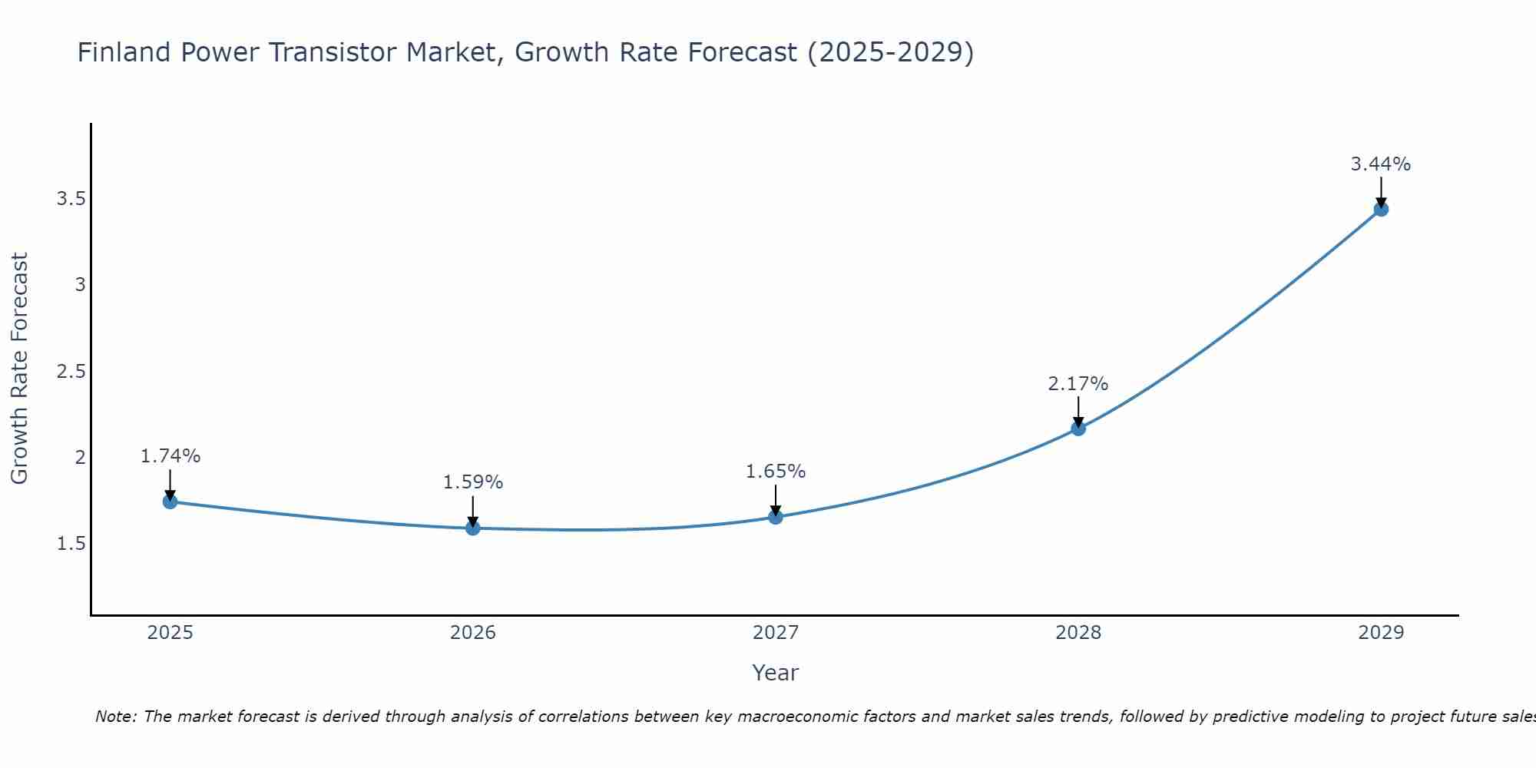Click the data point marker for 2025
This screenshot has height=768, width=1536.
tap(170, 502)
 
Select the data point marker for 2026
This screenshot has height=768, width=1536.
tap(473, 528)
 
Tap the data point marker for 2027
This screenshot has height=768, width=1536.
tap(776, 517)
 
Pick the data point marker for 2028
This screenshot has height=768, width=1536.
tap(1078, 428)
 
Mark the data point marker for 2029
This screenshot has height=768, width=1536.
tap(1381, 209)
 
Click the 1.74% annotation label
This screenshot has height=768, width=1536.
tap(170, 456)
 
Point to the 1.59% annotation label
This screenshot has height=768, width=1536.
tap(473, 482)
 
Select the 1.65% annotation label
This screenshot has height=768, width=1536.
tap(776, 472)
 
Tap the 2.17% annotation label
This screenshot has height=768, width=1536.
tap(1078, 383)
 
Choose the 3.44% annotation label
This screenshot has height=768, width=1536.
tap(1381, 164)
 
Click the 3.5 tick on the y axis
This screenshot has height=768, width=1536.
tap(71, 199)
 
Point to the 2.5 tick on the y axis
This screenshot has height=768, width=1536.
tap(71, 372)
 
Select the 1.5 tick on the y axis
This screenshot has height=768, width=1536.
tap(71, 544)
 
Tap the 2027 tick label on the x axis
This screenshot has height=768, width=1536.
tap(776, 633)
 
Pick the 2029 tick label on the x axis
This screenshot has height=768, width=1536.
tap(1381, 633)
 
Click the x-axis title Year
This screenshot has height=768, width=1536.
tap(776, 673)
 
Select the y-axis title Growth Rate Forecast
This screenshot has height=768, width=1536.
tap(19, 369)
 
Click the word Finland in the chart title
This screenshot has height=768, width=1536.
tap(124, 52)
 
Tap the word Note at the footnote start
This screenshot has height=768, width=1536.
tap(115, 717)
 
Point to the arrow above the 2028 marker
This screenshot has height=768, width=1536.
tap(1078, 411)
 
